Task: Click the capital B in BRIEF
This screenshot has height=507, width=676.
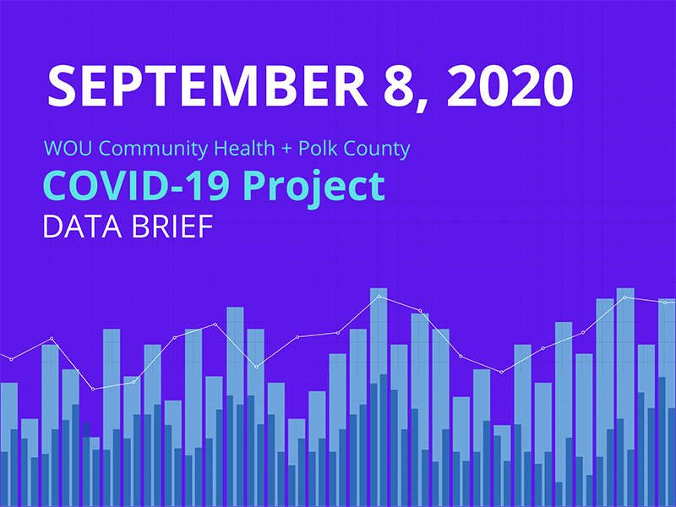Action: (134, 226)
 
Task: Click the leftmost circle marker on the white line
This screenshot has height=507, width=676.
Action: (11, 359)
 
